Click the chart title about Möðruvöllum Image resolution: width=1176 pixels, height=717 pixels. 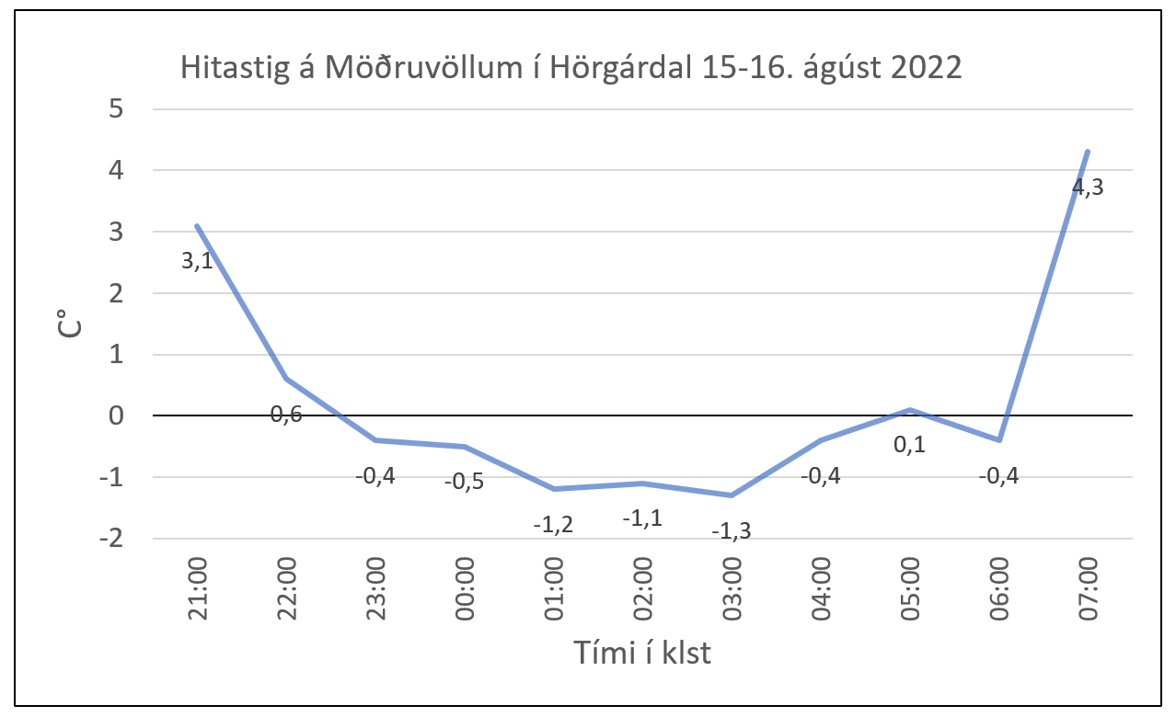[571, 69]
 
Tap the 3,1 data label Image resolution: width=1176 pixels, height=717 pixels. [197, 261]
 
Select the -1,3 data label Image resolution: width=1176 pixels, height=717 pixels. [732, 530]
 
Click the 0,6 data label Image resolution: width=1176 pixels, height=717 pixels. [286, 415]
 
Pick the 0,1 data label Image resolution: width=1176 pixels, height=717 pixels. [909, 445]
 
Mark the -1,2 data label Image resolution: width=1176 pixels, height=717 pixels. [554, 525]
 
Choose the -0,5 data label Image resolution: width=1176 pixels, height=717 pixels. [464, 483]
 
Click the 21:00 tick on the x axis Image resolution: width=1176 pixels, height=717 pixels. [197, 590]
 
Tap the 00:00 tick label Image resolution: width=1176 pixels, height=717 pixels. [465, 590]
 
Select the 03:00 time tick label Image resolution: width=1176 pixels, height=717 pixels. [732, 590]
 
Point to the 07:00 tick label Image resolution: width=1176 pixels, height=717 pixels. [1090, 590]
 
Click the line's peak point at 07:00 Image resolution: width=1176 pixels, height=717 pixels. [1088, 152]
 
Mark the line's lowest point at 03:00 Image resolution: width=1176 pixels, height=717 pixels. [732, 495]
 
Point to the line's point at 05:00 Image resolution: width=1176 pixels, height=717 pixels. [909, 410]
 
